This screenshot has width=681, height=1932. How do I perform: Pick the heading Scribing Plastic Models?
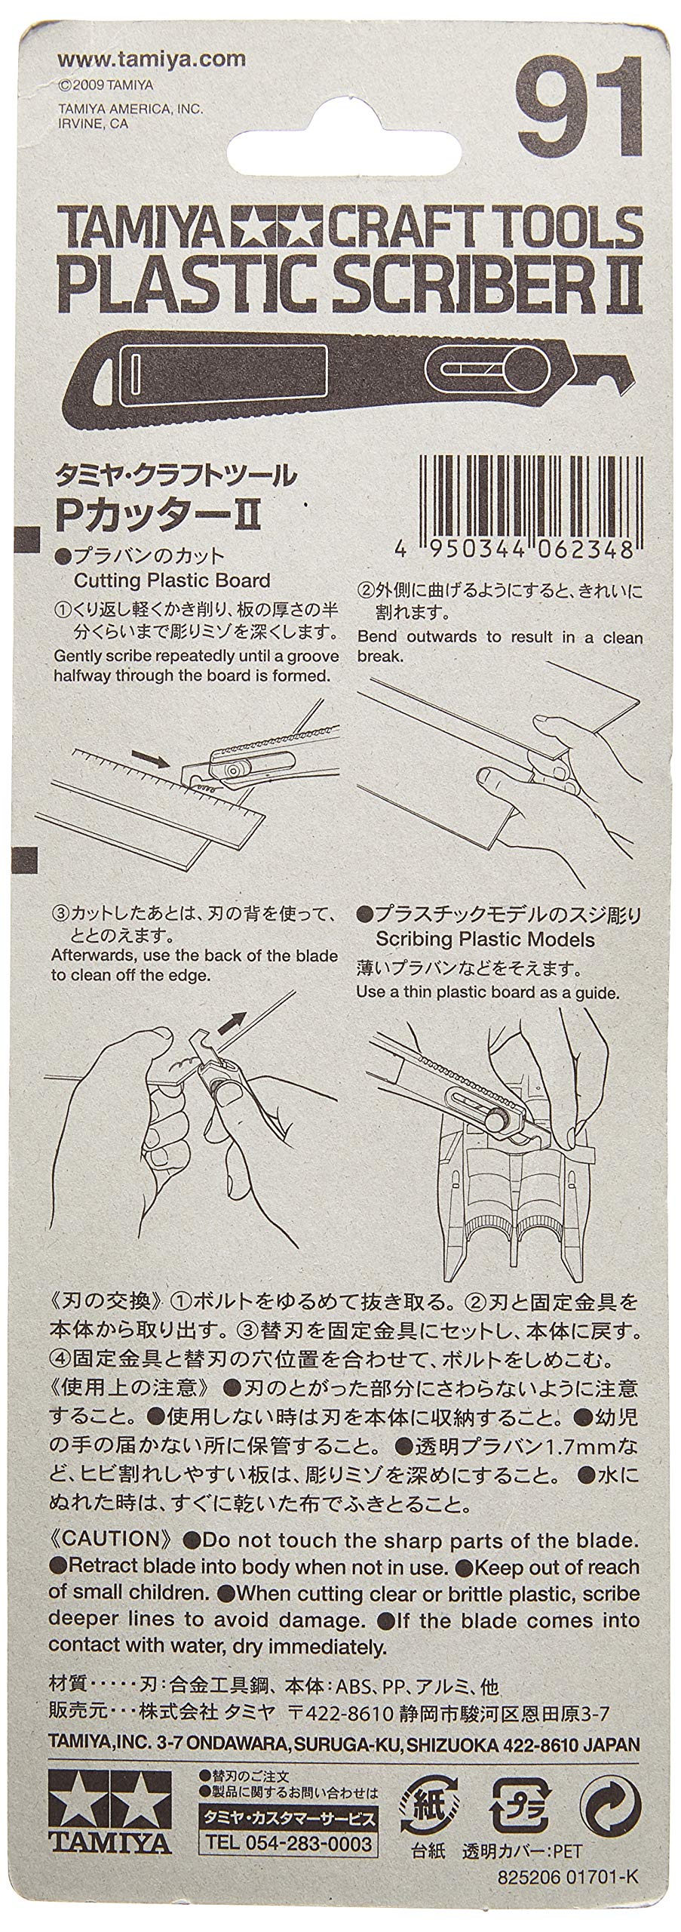click(485, 940)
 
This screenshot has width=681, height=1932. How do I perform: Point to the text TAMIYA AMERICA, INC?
click(130, 109)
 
